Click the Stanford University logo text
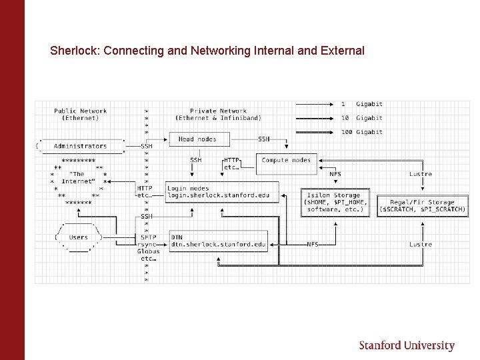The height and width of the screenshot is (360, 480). click(407, 345)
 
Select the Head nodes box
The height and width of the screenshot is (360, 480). click(197, 139)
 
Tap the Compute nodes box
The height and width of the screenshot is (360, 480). click(286, 160)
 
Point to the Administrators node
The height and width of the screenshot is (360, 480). click(80, 146)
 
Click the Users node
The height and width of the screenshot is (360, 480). click(79, 237)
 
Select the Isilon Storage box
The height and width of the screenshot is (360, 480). click(335, 202)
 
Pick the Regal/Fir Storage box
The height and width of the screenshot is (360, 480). click(422, 205)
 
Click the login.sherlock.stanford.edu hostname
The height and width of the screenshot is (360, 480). click(219, 195)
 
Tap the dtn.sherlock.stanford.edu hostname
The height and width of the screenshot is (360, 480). click(219, 245)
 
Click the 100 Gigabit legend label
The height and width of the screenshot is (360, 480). click(361, 132)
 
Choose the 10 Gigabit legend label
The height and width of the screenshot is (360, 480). click(361, 118)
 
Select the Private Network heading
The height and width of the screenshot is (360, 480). click(218, 115)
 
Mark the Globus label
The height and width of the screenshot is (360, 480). click(148, 251)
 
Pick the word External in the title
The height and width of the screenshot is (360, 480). click(344, 51)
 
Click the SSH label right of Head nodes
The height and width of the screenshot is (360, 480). click(264, 139)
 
